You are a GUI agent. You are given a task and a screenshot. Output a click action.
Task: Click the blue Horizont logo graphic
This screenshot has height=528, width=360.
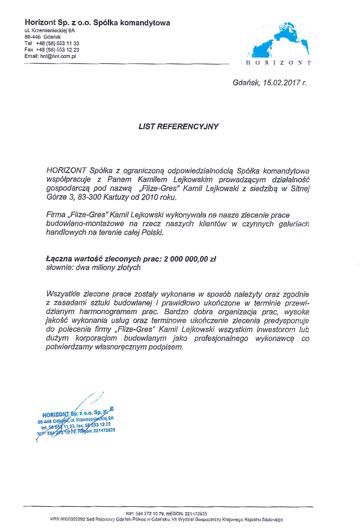[278, 40]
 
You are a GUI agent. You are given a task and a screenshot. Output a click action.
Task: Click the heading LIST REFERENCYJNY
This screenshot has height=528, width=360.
[178, 126]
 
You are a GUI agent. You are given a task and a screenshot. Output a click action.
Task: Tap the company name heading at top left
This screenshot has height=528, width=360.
[97, 22]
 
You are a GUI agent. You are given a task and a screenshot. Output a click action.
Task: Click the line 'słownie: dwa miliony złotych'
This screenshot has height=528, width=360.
[93, 268]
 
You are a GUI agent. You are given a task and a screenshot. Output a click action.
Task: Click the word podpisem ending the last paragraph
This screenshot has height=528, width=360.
[168, 348]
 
